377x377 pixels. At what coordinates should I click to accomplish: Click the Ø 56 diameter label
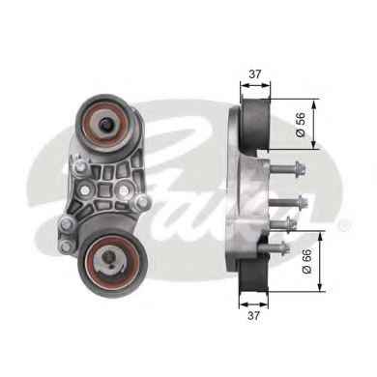pos(300,125)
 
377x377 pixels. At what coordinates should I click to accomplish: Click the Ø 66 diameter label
pos(306,261)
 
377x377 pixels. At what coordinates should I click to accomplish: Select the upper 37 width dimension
pos(255,74)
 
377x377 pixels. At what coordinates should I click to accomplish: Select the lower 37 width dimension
pos(253,315)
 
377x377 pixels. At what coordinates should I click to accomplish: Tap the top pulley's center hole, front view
pos(105,124)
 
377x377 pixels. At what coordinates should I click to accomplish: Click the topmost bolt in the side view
pos(287,168)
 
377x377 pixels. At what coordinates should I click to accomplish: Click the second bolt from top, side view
pos(288,202)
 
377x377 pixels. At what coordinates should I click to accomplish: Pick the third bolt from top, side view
pos(282,223)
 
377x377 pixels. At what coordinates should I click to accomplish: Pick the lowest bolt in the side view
pos(274,247)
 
